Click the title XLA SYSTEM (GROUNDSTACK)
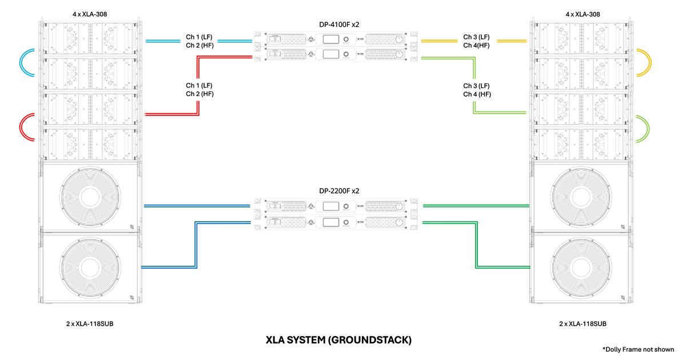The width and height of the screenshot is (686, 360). [338, 340]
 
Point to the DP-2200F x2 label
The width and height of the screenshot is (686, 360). [335, 191]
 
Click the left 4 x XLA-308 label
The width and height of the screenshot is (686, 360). [89, 14]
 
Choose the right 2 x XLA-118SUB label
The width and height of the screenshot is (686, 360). [583, 323]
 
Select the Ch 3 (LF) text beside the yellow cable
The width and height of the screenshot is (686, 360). [476, 37]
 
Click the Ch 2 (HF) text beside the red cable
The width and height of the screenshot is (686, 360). [200, 94]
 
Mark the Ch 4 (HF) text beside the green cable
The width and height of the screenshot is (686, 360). [477, 94]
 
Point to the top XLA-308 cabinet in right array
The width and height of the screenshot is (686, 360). [581, 38]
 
